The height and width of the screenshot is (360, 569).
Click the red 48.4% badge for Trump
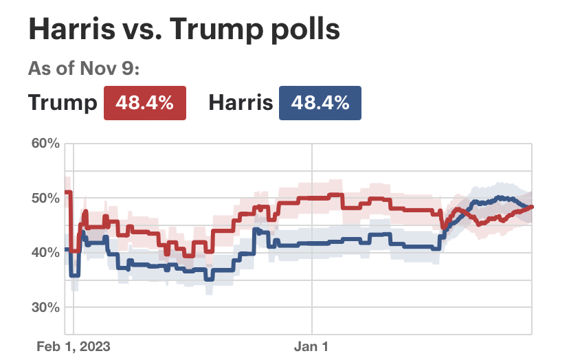[x=144, y=103]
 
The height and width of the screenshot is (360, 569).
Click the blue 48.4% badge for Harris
[x=320, y=103]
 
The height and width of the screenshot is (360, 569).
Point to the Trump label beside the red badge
[x=63, y=103]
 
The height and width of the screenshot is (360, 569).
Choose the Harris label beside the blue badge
[x=241, y=103]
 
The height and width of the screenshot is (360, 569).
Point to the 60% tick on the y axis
[x=45, y=143]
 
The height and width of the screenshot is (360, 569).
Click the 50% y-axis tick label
[x=45, y=198]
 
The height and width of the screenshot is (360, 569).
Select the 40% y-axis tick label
[x=45, y=252]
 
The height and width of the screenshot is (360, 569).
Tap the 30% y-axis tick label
[x=45, y=306]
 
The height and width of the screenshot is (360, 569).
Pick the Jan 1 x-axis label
[x=313, y=346]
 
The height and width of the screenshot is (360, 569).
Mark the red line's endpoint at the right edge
[x=531, y=207]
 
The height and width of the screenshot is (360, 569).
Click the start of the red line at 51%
[x=66, y=192]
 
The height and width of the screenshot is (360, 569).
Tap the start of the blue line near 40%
[x=66, y=249]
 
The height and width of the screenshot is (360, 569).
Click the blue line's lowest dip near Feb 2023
[x=75, y=275]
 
